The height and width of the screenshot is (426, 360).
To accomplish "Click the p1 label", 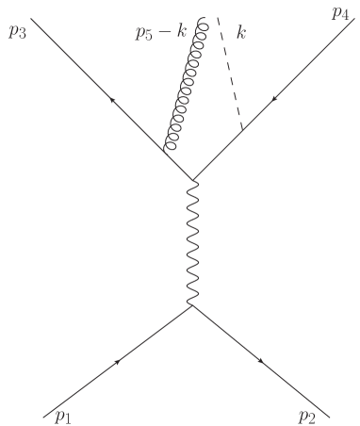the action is coord(64,415).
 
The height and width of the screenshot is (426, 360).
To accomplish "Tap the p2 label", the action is coord(305,416).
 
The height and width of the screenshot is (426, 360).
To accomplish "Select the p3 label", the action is coord(17,31).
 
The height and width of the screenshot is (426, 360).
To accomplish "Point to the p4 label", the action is coord(340,14).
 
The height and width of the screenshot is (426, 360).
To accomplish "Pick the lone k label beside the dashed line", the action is coord(242,34).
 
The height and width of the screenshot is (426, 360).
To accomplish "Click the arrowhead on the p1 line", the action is coord(119,362).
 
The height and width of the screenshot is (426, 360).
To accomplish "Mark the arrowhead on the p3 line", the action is coord(111,99).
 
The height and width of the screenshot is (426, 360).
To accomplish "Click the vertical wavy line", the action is coord(193,242).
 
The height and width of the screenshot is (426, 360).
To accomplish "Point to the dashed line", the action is coord(231,75).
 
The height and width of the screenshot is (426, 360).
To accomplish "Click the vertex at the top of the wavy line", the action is coord(193,180).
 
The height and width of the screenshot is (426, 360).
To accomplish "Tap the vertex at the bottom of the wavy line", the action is coord(193,305).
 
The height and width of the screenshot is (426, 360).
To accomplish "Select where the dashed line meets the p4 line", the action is coord(243,129).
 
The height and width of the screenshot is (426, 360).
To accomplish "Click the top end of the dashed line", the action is coord(219,18).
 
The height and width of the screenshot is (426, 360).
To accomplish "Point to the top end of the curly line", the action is coord(201,18).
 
